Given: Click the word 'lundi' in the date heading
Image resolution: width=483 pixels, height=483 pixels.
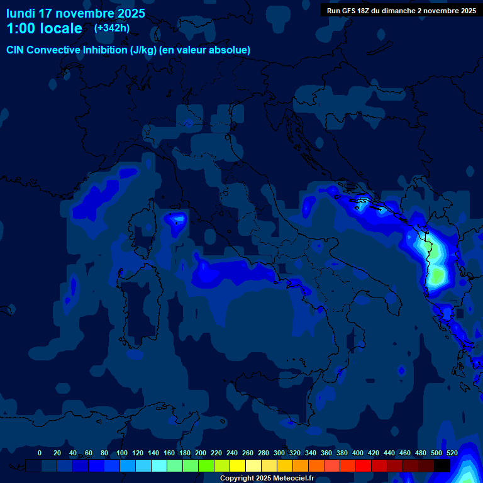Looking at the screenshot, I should tap(21, 13).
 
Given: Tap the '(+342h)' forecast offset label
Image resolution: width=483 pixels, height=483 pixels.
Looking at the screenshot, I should tap(112, 28).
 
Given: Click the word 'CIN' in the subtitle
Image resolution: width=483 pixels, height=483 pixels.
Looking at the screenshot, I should tap(17, 50).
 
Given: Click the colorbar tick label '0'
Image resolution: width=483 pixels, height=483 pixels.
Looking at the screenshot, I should tap(40, 453).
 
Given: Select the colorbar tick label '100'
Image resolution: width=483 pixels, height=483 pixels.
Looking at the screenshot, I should tap(120, 453).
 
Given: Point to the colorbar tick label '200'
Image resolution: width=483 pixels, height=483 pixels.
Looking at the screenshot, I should tap(201, 453).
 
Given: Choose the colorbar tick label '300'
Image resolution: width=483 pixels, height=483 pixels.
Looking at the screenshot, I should tap(279, 453).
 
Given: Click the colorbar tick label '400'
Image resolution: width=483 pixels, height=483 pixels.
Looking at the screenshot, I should tap(358, 453).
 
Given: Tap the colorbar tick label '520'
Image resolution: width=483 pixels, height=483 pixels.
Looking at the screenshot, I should tap(452, 453).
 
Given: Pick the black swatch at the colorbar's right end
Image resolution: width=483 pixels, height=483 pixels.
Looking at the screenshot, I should tap(442, 465).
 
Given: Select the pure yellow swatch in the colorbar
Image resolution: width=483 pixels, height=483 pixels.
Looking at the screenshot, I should tap(238, 465).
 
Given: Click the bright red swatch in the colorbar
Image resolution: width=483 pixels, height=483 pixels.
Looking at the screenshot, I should tap(364, 465).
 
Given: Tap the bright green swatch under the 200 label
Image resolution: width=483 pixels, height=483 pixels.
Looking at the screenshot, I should tap(206, 465).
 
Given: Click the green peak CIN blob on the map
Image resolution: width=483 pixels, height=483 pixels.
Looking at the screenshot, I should tap(436, 275).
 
